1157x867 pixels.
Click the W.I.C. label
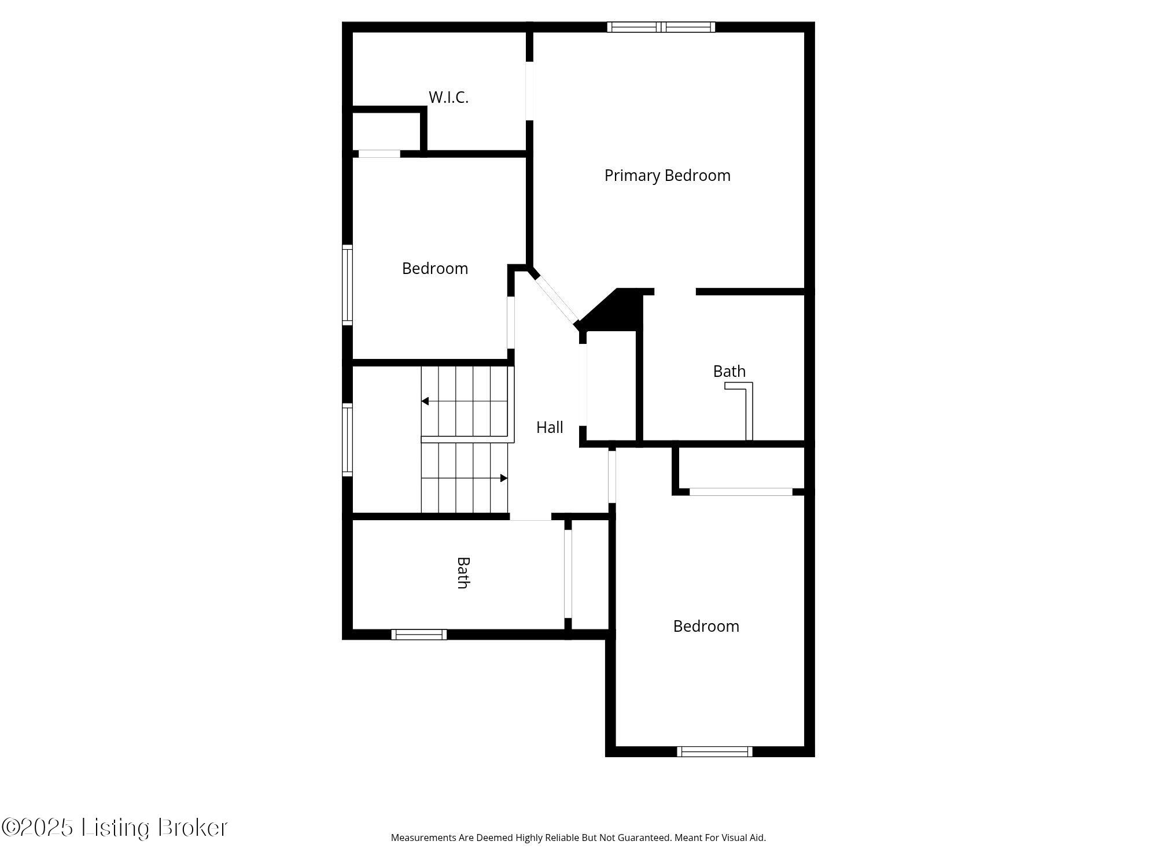448,97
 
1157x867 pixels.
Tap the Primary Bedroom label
667,175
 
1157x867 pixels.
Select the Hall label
550,427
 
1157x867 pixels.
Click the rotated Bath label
463,573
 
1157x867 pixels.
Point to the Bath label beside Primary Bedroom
729,371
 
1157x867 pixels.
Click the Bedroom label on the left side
434,268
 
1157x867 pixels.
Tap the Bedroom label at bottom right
706,626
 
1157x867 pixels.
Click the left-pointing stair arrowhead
425,401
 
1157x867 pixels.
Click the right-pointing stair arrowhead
504,478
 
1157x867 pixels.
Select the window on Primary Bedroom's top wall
661,27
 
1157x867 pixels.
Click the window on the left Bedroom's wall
347,284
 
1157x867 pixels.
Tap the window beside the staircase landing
347,440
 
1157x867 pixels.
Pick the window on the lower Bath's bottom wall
419,635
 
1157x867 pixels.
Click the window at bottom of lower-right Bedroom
714,751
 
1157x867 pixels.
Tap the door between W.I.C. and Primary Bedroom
529,91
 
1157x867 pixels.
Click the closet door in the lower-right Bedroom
740,492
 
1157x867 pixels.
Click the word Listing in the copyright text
116,828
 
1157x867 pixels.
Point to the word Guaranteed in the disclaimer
643,838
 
